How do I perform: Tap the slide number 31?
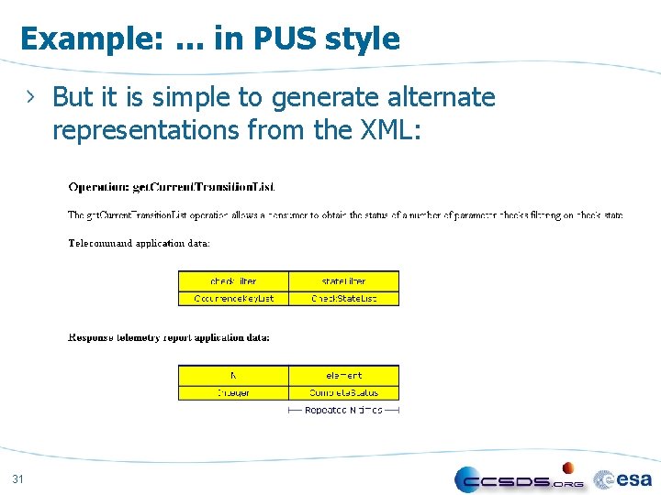click(18, 478)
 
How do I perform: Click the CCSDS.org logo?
click(520, 479)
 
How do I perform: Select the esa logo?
click(624, 478)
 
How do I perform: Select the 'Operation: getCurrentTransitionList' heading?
click(172, 187)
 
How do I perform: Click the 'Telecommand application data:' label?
click(140, 243)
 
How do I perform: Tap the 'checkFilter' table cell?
click(233, 280)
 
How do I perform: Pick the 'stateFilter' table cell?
click(343, 280)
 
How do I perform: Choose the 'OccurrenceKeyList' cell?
click(233, 298)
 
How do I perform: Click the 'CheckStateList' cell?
click(343, 298)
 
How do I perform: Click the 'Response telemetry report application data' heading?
click(169, 337)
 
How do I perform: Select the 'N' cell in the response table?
click(233, 375)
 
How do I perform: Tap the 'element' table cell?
click(343, 375)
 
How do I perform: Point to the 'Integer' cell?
click(233, 392)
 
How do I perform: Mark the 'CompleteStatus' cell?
click(343, 392)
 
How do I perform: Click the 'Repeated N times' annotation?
click(343, 410)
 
